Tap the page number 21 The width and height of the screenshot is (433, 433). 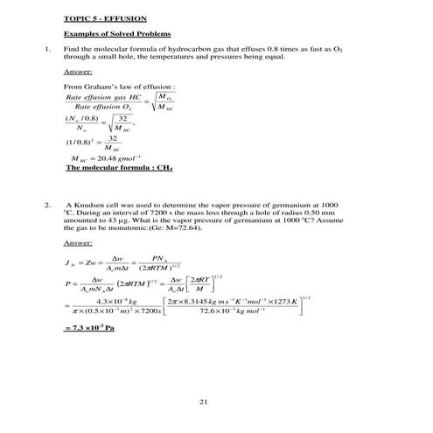coord(203,402)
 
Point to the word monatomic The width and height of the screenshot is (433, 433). coord(122,227)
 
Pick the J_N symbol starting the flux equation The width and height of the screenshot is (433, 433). coord(70,262)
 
